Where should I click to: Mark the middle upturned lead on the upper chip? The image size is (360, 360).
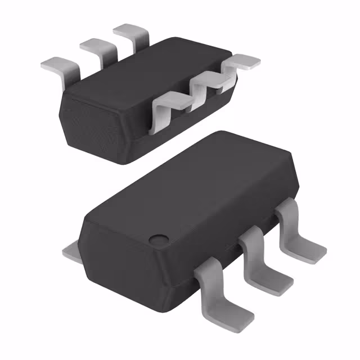pyautogui.click(x=205, y=84)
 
